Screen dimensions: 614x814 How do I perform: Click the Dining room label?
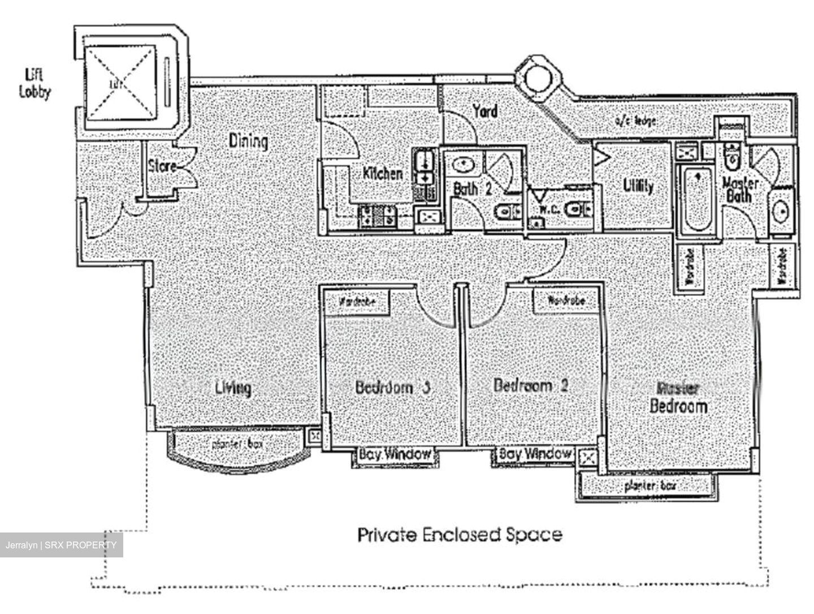[248, 141]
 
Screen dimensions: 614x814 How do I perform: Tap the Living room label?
[233, 388]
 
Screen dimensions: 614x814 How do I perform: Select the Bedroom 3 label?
[393, 388]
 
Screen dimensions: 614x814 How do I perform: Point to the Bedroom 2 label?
[530, 386]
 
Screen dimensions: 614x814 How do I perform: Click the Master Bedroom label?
[678, 398]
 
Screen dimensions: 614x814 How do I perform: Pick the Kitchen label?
[383, 173]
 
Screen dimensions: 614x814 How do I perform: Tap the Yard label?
[485, 111]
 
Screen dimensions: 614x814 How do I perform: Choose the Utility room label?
[638, 186]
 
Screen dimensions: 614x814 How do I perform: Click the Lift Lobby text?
[34, 83]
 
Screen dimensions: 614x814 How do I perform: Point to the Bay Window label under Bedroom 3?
[395, 454]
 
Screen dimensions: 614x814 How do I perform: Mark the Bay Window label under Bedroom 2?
[534, 454]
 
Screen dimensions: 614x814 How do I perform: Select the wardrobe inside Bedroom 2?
[566, 300]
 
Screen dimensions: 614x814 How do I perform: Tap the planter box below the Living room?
[237, 444]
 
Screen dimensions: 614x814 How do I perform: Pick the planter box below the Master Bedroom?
[650, 486]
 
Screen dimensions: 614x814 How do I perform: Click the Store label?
[162, 166]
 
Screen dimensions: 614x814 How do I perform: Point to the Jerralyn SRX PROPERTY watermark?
[61, 545]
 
